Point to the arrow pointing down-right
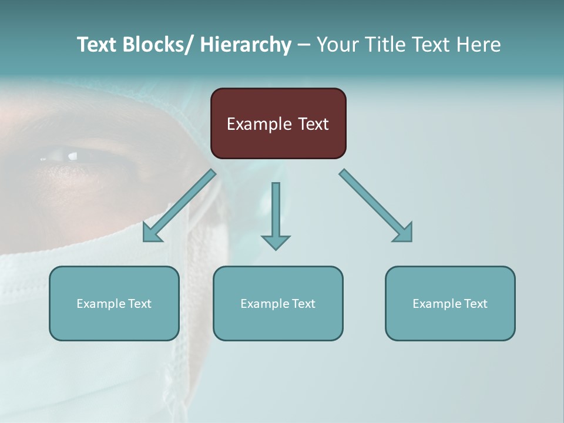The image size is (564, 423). point(376,206)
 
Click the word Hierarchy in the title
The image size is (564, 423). point(246,45)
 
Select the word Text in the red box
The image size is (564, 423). point(312,124)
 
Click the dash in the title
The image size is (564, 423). point(304,45)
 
